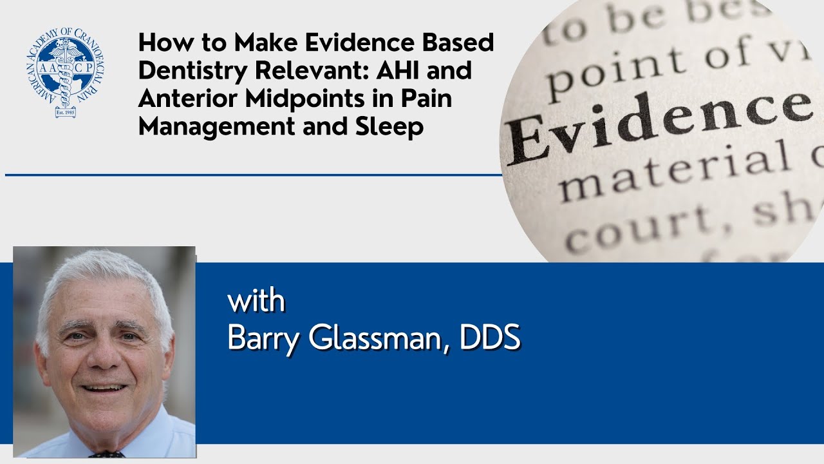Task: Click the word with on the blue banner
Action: (256, 302)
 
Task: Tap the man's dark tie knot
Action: (106, 454)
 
